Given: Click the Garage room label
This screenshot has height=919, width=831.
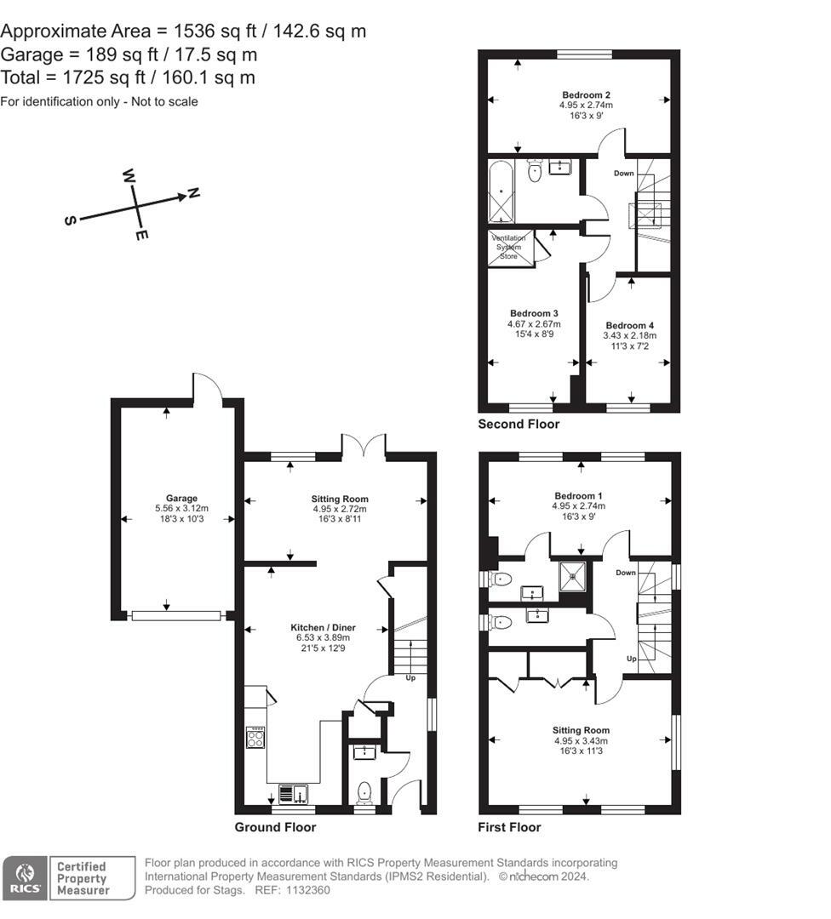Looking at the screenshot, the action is tap(181, 498).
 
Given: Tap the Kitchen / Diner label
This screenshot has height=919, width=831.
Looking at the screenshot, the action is tap(324, 628).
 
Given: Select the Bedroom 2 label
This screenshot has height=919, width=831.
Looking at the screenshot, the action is tap(586, 95).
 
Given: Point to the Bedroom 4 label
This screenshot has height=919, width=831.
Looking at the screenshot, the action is tap(630, 325).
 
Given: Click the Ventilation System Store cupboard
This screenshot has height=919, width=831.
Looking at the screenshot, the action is tap(511, 248).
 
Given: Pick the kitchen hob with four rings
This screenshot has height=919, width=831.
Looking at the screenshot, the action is tap(255, 737).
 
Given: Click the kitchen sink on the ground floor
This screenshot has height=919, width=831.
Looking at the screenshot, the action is tap(293, 794).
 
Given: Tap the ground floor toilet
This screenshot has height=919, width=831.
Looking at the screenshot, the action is tap(364, 792).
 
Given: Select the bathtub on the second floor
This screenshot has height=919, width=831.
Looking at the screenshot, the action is tap(501, 191).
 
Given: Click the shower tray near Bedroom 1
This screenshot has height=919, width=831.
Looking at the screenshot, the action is tap(571, 576).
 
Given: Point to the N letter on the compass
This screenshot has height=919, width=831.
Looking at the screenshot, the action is tap(193, 193).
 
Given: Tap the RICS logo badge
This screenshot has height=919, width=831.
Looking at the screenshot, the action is tap(25, 877).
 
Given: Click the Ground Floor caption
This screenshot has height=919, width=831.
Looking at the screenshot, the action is tap(275, 827).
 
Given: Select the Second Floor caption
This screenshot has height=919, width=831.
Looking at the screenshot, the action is tap(519, 424).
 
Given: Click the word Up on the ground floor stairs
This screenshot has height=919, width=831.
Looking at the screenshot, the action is tap(410, 678).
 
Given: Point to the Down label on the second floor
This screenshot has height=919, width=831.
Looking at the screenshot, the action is tap(623, 174).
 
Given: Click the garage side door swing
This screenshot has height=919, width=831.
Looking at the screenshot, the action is tap(208, 387).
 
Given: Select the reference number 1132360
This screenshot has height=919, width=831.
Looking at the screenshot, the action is tap(307, 890).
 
